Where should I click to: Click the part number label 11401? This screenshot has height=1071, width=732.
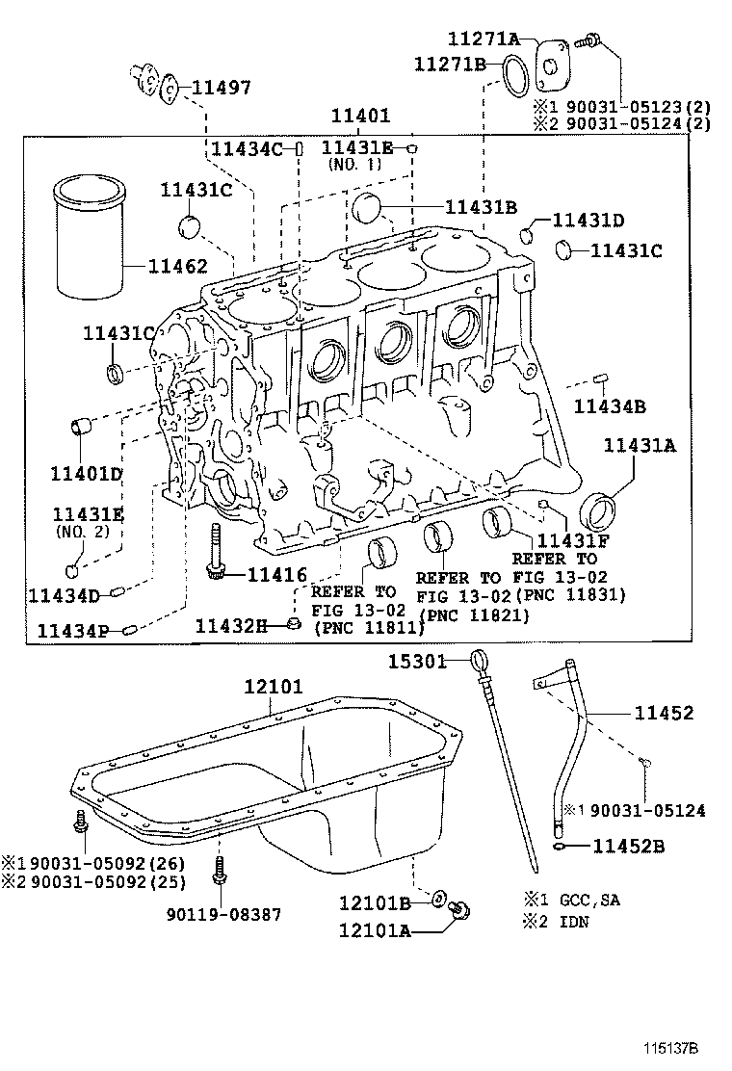360,115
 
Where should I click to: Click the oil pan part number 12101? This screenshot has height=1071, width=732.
273,687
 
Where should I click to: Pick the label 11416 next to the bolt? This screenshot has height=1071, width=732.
276,574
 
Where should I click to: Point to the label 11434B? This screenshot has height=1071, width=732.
610,405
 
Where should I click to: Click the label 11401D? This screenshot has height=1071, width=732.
87,473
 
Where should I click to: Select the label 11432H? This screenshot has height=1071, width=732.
231,626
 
